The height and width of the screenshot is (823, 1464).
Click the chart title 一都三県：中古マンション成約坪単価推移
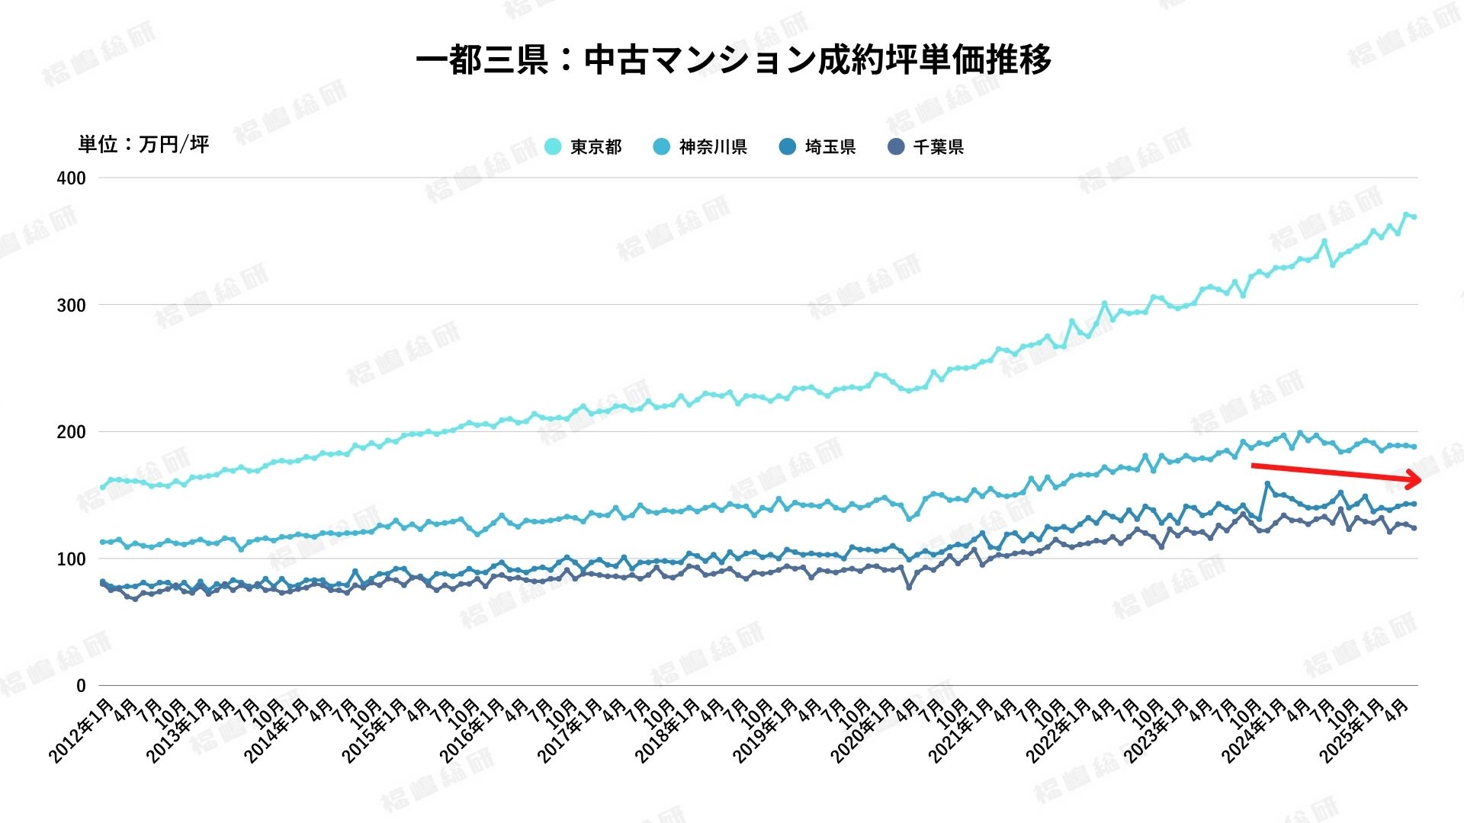733,59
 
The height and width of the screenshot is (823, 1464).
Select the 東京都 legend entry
584,146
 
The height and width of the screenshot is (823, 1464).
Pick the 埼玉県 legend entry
817,146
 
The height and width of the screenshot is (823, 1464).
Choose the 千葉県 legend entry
926,146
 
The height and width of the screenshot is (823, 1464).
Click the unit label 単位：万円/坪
143,144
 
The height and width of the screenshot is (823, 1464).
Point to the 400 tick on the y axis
72,178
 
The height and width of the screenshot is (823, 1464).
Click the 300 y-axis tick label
72,306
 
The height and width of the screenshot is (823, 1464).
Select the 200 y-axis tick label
72,432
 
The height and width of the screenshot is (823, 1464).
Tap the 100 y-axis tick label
72,559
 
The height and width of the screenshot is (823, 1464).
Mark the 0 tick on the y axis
81,686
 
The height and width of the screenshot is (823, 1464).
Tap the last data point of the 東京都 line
1414,217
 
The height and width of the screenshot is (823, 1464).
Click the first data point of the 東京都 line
102,487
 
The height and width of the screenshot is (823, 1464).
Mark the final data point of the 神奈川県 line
1414,447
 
